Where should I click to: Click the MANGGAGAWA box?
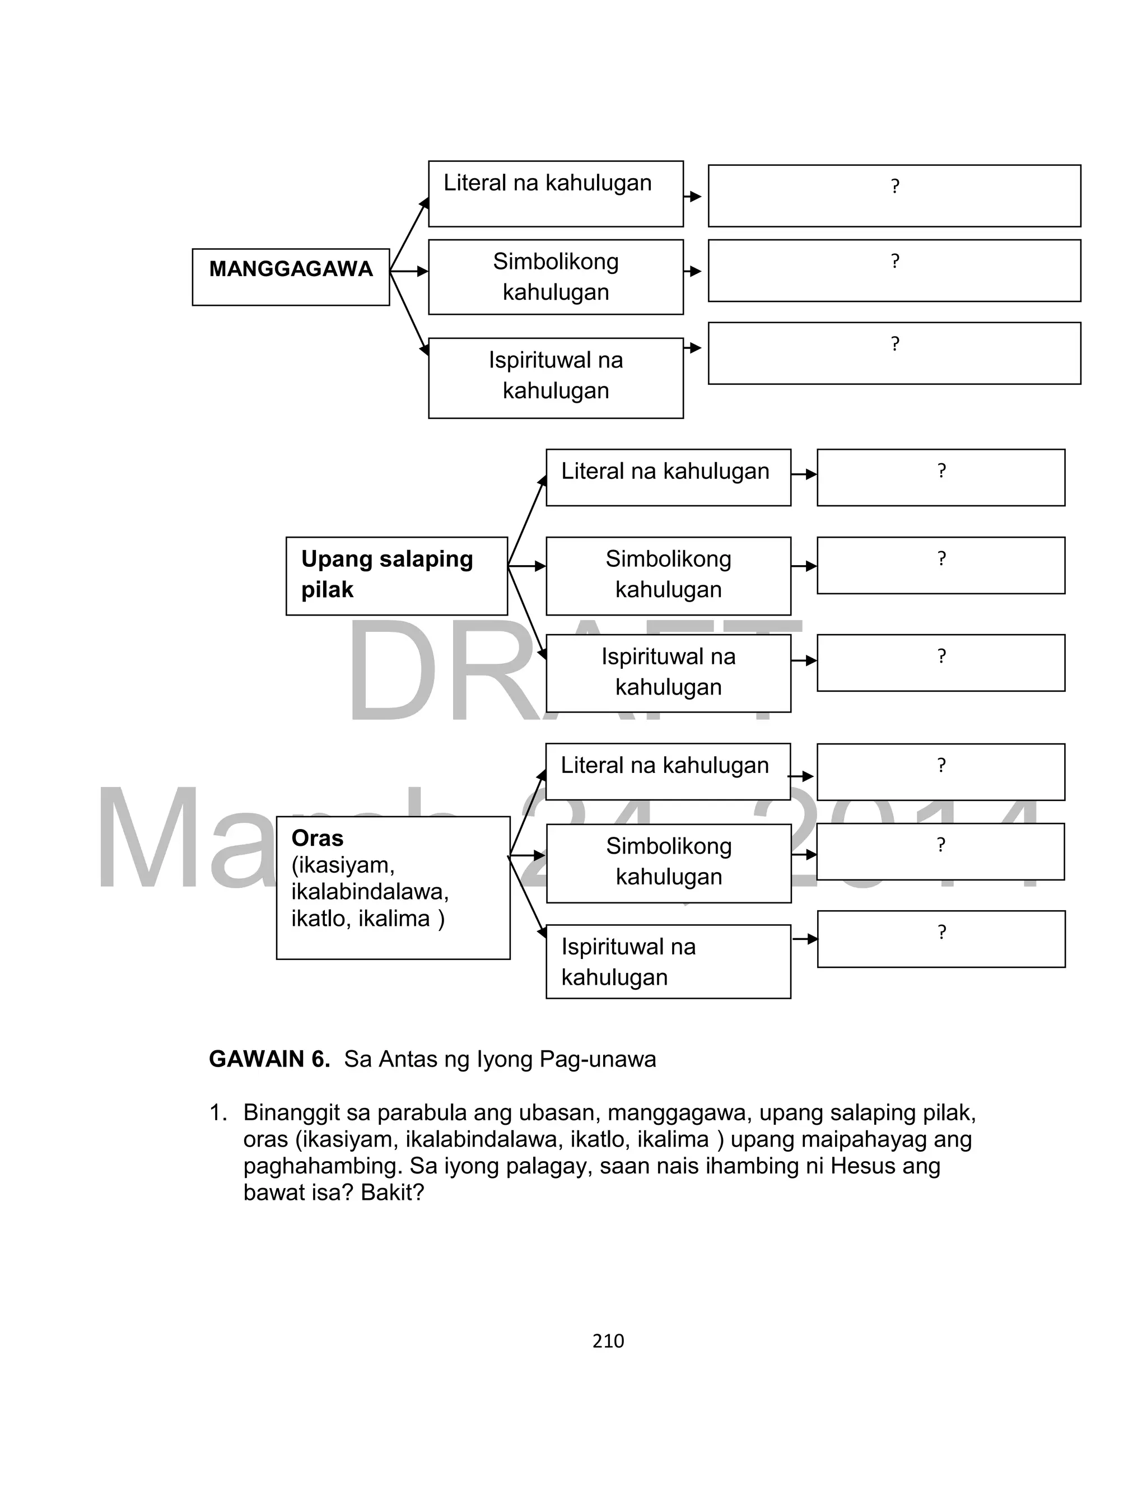[291, 277]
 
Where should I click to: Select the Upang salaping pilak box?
[396, 575]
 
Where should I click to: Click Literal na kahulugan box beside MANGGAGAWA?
[556, 193]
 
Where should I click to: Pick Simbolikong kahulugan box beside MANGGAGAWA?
[556, 277]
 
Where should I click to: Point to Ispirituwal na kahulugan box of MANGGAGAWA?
[556, 377]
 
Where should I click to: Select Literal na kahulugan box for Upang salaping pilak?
[668, 477]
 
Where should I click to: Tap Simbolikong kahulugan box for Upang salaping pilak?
[668, 575]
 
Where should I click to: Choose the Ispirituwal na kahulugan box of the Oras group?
[668, 961]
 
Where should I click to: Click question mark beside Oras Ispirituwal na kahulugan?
[941, 933]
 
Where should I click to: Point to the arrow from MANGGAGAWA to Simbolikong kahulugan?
[409, 271]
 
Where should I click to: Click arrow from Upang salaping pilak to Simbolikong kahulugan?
[527, 566]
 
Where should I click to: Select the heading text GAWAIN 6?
[269, 1059]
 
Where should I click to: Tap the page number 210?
[608, 1342]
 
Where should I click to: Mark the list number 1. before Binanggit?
[218, 1113]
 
